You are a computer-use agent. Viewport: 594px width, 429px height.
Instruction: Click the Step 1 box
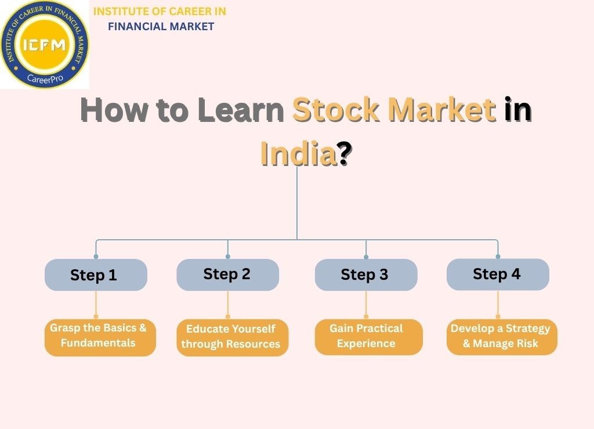96,275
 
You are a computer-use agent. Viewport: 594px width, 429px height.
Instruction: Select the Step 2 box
227,274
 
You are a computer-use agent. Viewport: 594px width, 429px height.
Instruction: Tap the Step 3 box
365,275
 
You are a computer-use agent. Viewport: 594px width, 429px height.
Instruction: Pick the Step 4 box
497,274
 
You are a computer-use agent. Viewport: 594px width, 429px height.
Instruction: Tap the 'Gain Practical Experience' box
368,337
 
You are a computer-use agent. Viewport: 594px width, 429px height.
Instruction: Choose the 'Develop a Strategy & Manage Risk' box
501,337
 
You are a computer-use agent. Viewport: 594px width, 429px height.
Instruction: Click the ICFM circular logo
45,44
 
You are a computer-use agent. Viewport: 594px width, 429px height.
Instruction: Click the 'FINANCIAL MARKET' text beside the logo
161,26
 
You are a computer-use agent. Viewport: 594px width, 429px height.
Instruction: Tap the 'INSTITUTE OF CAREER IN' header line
160,11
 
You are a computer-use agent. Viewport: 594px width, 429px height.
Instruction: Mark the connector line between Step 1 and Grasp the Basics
96,305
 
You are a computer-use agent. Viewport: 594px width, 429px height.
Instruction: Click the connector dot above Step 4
498,256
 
